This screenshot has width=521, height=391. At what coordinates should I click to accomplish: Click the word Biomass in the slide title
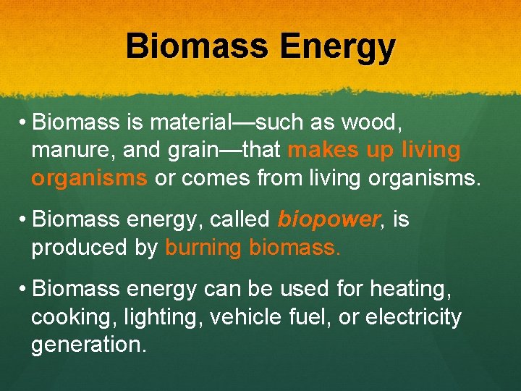click(196, 47)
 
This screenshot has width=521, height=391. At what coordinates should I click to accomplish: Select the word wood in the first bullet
click(368, 122)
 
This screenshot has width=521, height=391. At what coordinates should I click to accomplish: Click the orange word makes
click(321, 151)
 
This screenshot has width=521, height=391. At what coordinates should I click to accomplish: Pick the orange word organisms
click(89, 178)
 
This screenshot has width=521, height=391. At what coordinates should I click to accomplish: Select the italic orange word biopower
click(328, 219)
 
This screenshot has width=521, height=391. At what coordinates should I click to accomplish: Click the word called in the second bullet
click(240, 219)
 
